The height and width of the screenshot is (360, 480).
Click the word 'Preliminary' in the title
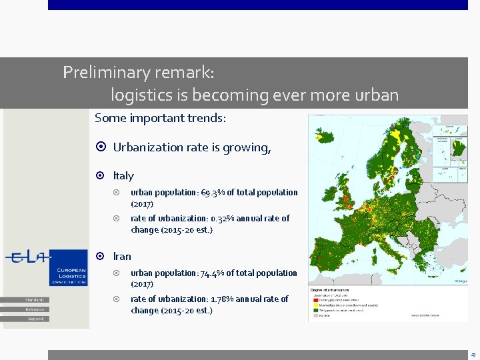(x=101, y=72)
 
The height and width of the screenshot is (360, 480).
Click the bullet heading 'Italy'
(x=123, y=175)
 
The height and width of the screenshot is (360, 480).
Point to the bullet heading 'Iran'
(x=122, y=256)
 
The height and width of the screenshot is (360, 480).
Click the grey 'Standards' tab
(x=35, y=299)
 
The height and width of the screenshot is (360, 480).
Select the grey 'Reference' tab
(x=35, y=309)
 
